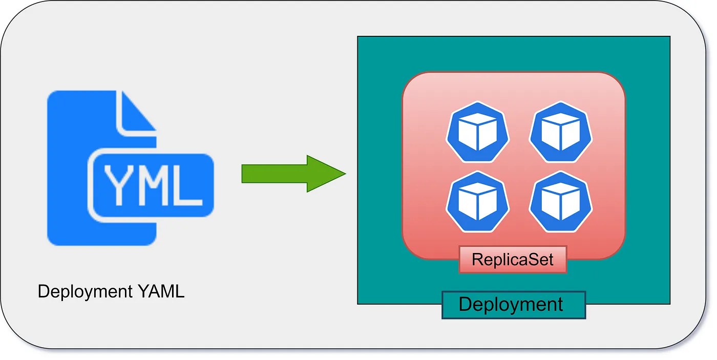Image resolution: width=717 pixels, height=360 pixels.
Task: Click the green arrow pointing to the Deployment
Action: (x=292, y=174)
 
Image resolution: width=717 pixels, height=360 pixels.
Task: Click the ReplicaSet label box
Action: (x=513, y=259)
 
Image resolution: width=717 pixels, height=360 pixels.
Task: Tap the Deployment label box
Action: (x=513, y=305)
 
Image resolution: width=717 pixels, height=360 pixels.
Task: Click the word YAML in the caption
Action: (x=161, y=292)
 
